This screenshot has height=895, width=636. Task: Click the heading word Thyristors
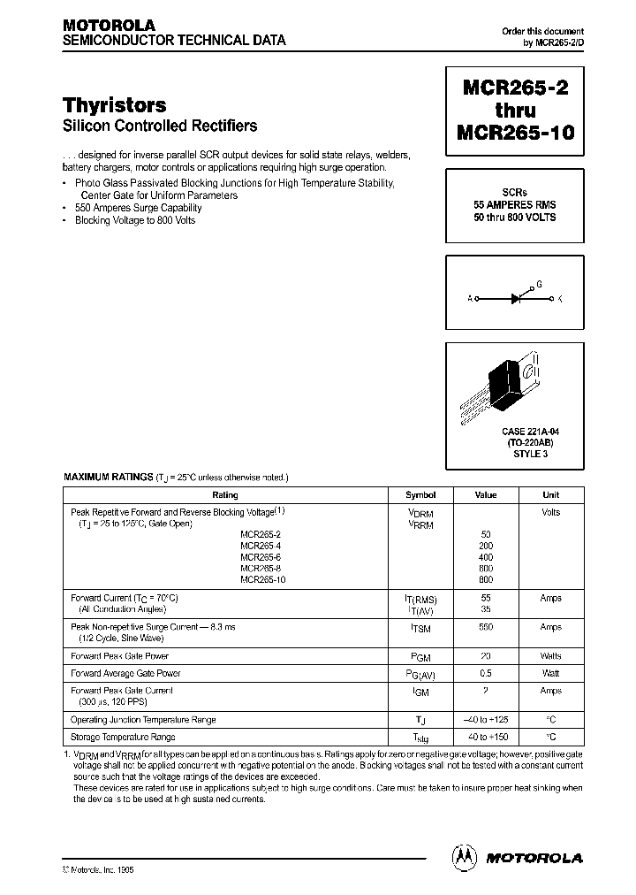(x=115, y=105)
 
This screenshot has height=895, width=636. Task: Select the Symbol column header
(x=420, y=495)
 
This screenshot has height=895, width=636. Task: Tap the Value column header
(x=486, y=495)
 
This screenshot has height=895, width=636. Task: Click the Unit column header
(x=550, y=495)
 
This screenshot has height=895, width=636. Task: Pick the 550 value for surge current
(x=486, y=627)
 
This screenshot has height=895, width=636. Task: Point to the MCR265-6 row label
(x=262, y=557)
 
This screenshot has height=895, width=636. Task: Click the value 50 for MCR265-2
(x=486, y=535)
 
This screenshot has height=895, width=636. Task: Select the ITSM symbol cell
(x=420, y=628)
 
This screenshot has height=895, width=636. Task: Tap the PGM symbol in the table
(x=420, y=657)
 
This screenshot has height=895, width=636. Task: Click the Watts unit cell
(x=550, y=656)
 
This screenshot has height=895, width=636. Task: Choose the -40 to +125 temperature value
(x=486, y=720)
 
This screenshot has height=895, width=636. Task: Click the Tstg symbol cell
(x=420, y=738)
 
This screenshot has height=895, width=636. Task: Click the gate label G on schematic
(x=539, y=285)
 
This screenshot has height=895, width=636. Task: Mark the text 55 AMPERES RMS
(x=514, y=204)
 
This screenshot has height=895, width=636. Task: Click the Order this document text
(x=542, y=32)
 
